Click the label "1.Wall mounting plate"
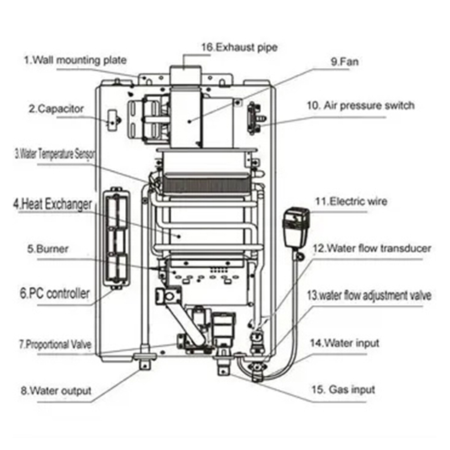[75, 59]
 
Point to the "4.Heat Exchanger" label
[53, 203]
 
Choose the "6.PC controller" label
[55, 291]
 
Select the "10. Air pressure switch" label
[359, 106]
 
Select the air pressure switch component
[253, 114]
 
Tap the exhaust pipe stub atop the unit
[183, 76]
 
